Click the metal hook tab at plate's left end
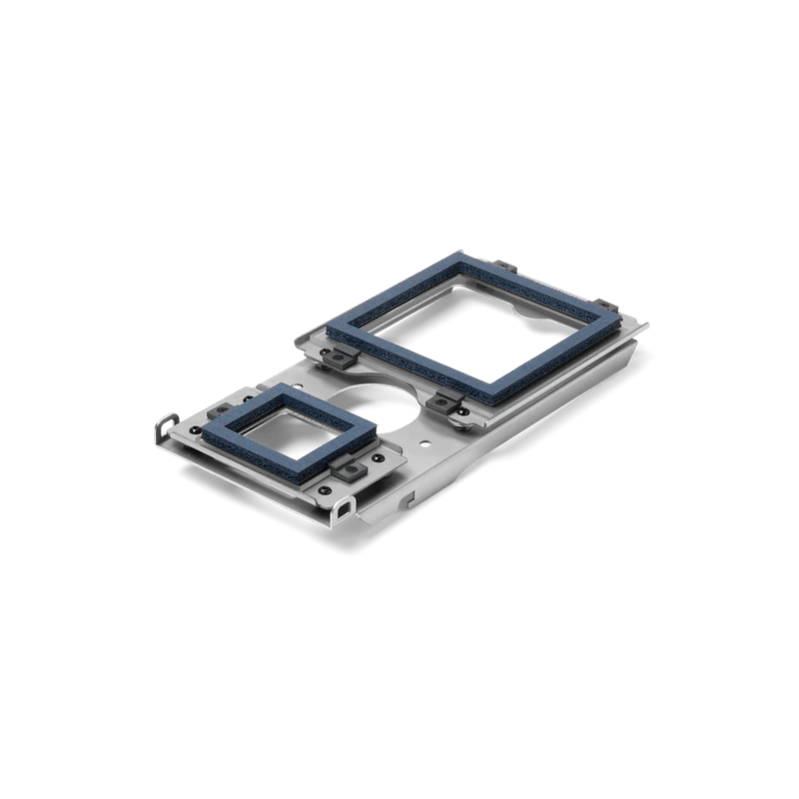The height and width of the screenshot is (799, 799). click(x=163, y=427)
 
